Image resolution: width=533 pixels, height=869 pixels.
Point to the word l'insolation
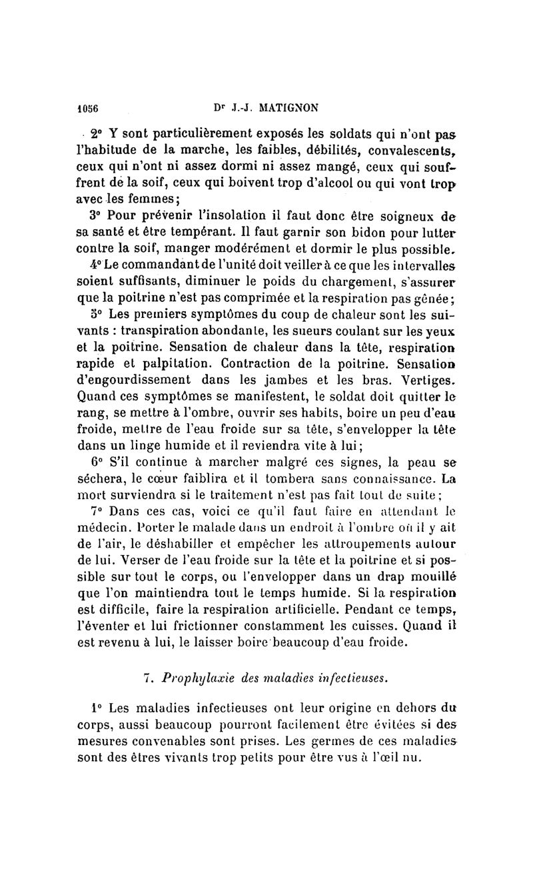(219, 216)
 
